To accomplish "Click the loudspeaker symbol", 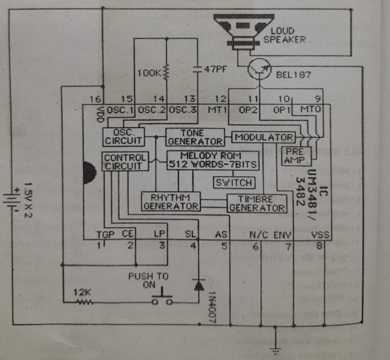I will pyautogui.click(x=241, y=33).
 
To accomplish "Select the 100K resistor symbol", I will pyautogui.click(x=166, y=72).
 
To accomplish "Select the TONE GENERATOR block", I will pyautogui.click(x=194, y=136).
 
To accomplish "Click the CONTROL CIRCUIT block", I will pyautogui.click(x=124, y=162).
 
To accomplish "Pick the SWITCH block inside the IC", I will pyautogui.click(x=234, y=182).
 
